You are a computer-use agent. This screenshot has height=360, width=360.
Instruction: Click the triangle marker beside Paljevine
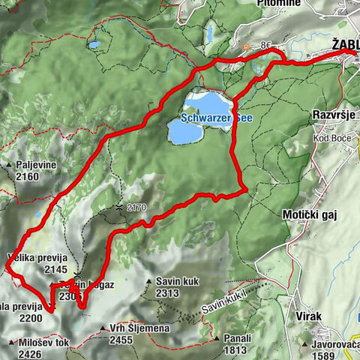[9, 163]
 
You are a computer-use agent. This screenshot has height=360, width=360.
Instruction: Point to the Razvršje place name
[334, 116]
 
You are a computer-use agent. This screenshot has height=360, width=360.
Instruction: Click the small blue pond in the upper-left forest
[94, 44]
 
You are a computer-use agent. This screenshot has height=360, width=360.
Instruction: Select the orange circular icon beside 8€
[245, 46]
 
